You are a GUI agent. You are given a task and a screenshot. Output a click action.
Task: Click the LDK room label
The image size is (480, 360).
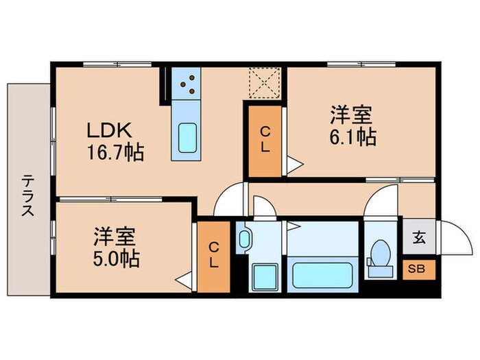pos(104,131)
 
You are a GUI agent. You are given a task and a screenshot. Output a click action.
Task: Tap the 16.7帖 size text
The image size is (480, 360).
pos(115,152)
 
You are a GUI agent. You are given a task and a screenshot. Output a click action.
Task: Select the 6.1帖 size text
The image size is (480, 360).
pos(351,137)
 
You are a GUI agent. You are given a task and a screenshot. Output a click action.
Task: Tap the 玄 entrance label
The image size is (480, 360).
pos(418,238)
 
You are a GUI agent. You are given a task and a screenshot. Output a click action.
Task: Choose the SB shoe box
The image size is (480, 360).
pos(417,268)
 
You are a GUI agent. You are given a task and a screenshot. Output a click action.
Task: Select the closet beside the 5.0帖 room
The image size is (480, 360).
pos(214,255)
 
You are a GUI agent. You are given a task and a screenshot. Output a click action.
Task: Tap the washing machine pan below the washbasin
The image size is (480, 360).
pos(261,278)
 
